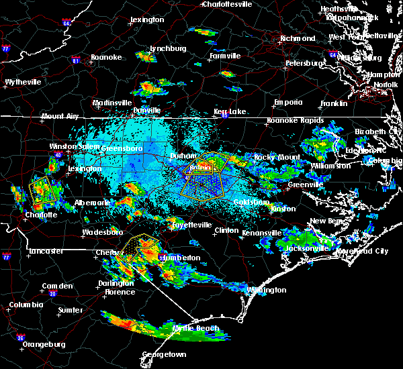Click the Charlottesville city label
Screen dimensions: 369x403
[x=227, y=4]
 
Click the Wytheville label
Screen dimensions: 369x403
[x=24, y=82]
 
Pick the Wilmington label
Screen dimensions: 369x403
[x=265, y=290]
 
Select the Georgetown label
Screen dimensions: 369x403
[x=164, y=354]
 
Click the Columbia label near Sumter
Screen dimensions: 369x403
[x=26, y=305]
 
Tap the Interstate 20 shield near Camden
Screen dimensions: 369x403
[x=52, y=293]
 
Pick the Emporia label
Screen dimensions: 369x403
[x=288, y=103]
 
